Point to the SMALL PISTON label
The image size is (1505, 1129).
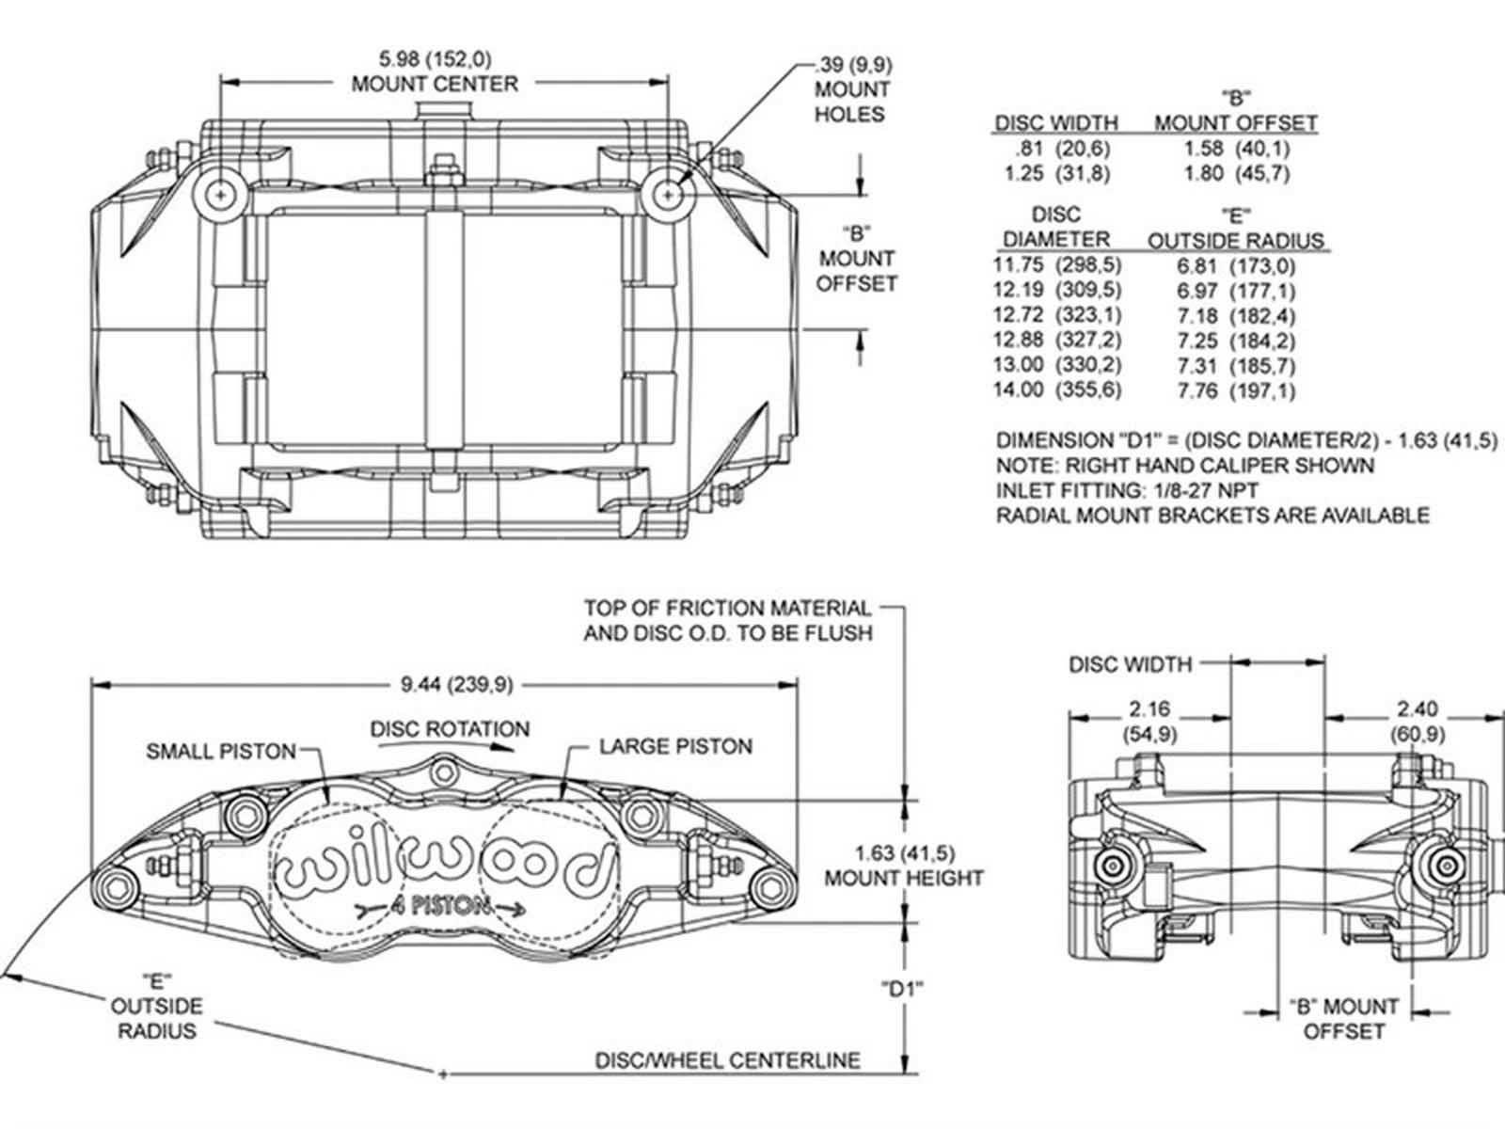[220, 751]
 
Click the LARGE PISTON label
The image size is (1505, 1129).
[675, 747]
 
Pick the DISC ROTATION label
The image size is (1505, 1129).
[450, 729]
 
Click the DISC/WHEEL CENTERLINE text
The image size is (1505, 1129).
[727, 1061]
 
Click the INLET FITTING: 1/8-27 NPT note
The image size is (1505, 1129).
[1127, 490]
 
